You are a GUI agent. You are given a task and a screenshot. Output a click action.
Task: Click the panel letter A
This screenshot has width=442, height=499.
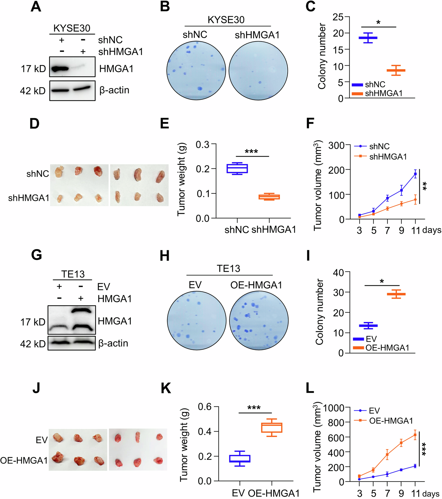click(x=36, y=6)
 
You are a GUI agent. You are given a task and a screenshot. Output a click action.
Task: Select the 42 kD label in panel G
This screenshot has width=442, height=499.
click(x=33, y=344)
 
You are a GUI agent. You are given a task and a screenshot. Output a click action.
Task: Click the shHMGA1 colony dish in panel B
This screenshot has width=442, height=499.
click(x=258, y=71)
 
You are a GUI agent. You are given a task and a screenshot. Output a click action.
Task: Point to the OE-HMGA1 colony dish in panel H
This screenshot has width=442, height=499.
click(x=259, y=320)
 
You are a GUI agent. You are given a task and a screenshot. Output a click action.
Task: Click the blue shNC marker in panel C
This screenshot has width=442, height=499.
click(x=368, y=38)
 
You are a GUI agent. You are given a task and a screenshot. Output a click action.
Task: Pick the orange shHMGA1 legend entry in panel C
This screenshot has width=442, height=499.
click(x=377, y=94)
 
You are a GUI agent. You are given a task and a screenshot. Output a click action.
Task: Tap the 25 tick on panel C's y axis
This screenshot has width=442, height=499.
click(x=338, y=17)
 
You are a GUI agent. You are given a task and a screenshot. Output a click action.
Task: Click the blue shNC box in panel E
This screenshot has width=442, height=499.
click(x=237, y=168)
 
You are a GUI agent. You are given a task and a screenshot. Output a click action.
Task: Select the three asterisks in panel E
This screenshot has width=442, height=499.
click(x=251, y=152)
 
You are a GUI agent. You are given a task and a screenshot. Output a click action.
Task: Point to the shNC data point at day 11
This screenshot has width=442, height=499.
click(x=415, y=174)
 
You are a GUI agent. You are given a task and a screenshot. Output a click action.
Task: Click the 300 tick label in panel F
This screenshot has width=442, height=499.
click(x=336, y=145)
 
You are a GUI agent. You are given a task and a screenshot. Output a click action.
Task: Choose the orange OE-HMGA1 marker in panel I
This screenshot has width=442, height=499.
click(x=396, y=294)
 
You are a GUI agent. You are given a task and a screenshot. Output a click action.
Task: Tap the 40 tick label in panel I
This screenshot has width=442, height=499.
click(x=338, y=273)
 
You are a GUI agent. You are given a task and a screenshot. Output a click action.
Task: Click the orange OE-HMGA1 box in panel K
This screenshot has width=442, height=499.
click(x=272, y=427)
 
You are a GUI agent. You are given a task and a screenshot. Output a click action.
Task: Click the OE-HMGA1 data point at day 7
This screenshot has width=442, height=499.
click(x=387, y=455)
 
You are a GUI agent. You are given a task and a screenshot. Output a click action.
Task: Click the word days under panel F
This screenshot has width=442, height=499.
click(x=431, y=230)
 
